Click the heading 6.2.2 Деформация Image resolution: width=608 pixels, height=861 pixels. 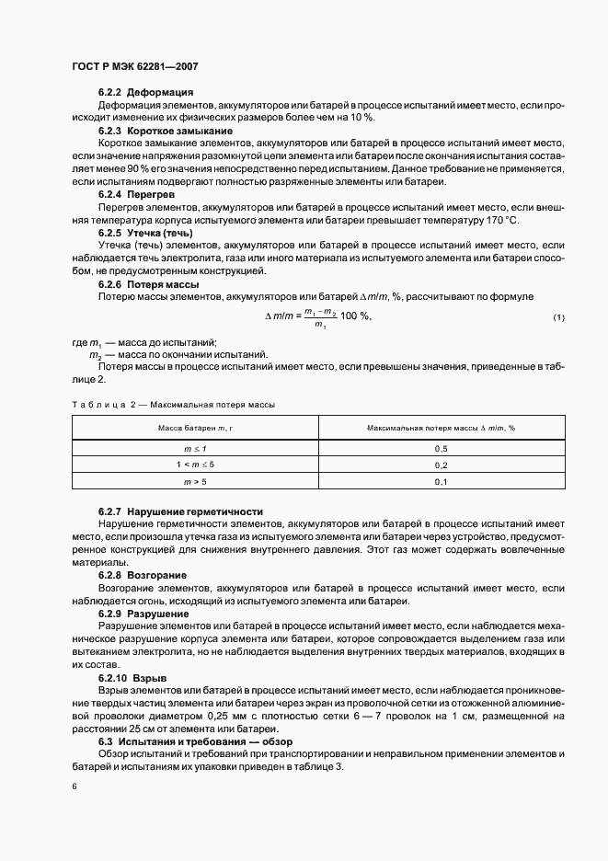(x=145, y=93)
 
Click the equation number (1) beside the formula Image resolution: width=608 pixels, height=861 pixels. (x=558, y=317)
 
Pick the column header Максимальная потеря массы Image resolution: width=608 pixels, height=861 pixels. (x=440, y=429)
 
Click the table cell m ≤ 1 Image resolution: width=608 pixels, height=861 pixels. (x=195, y=448)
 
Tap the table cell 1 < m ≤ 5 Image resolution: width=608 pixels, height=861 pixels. (x=195, y=465)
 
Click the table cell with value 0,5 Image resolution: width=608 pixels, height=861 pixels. (x=440, y=448)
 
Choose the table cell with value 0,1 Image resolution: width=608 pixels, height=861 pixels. (x=440, y=482)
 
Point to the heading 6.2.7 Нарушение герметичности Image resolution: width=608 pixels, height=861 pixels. (x=180, y=511)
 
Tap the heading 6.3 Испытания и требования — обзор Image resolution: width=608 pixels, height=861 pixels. (x=193, y=741)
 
